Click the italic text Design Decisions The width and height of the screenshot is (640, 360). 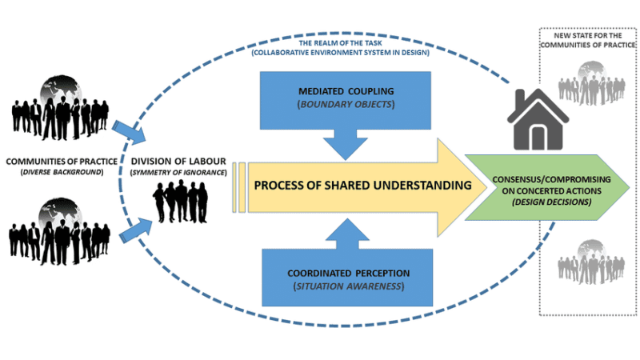click(553, 202)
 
